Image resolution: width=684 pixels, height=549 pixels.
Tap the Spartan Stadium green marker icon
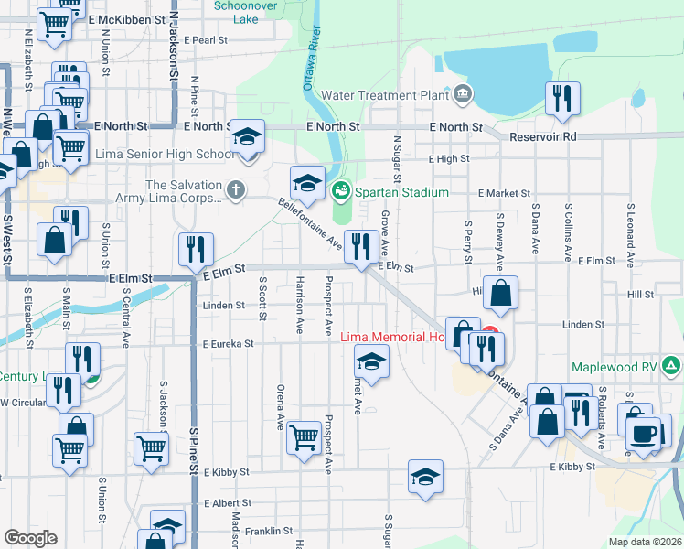[341, 191]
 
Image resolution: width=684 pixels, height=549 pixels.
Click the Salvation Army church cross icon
[236, 190]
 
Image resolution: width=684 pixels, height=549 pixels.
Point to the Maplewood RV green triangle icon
[672, 367]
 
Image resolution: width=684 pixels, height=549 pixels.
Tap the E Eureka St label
[220, 343]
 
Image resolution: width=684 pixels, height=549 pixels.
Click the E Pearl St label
[205, 40]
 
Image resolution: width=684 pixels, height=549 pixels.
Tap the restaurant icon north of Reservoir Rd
[562, 98]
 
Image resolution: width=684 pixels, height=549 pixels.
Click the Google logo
[30, 537]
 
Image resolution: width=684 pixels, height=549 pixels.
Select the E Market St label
[504, 193]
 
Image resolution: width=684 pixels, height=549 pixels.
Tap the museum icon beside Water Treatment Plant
[462, 93]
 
